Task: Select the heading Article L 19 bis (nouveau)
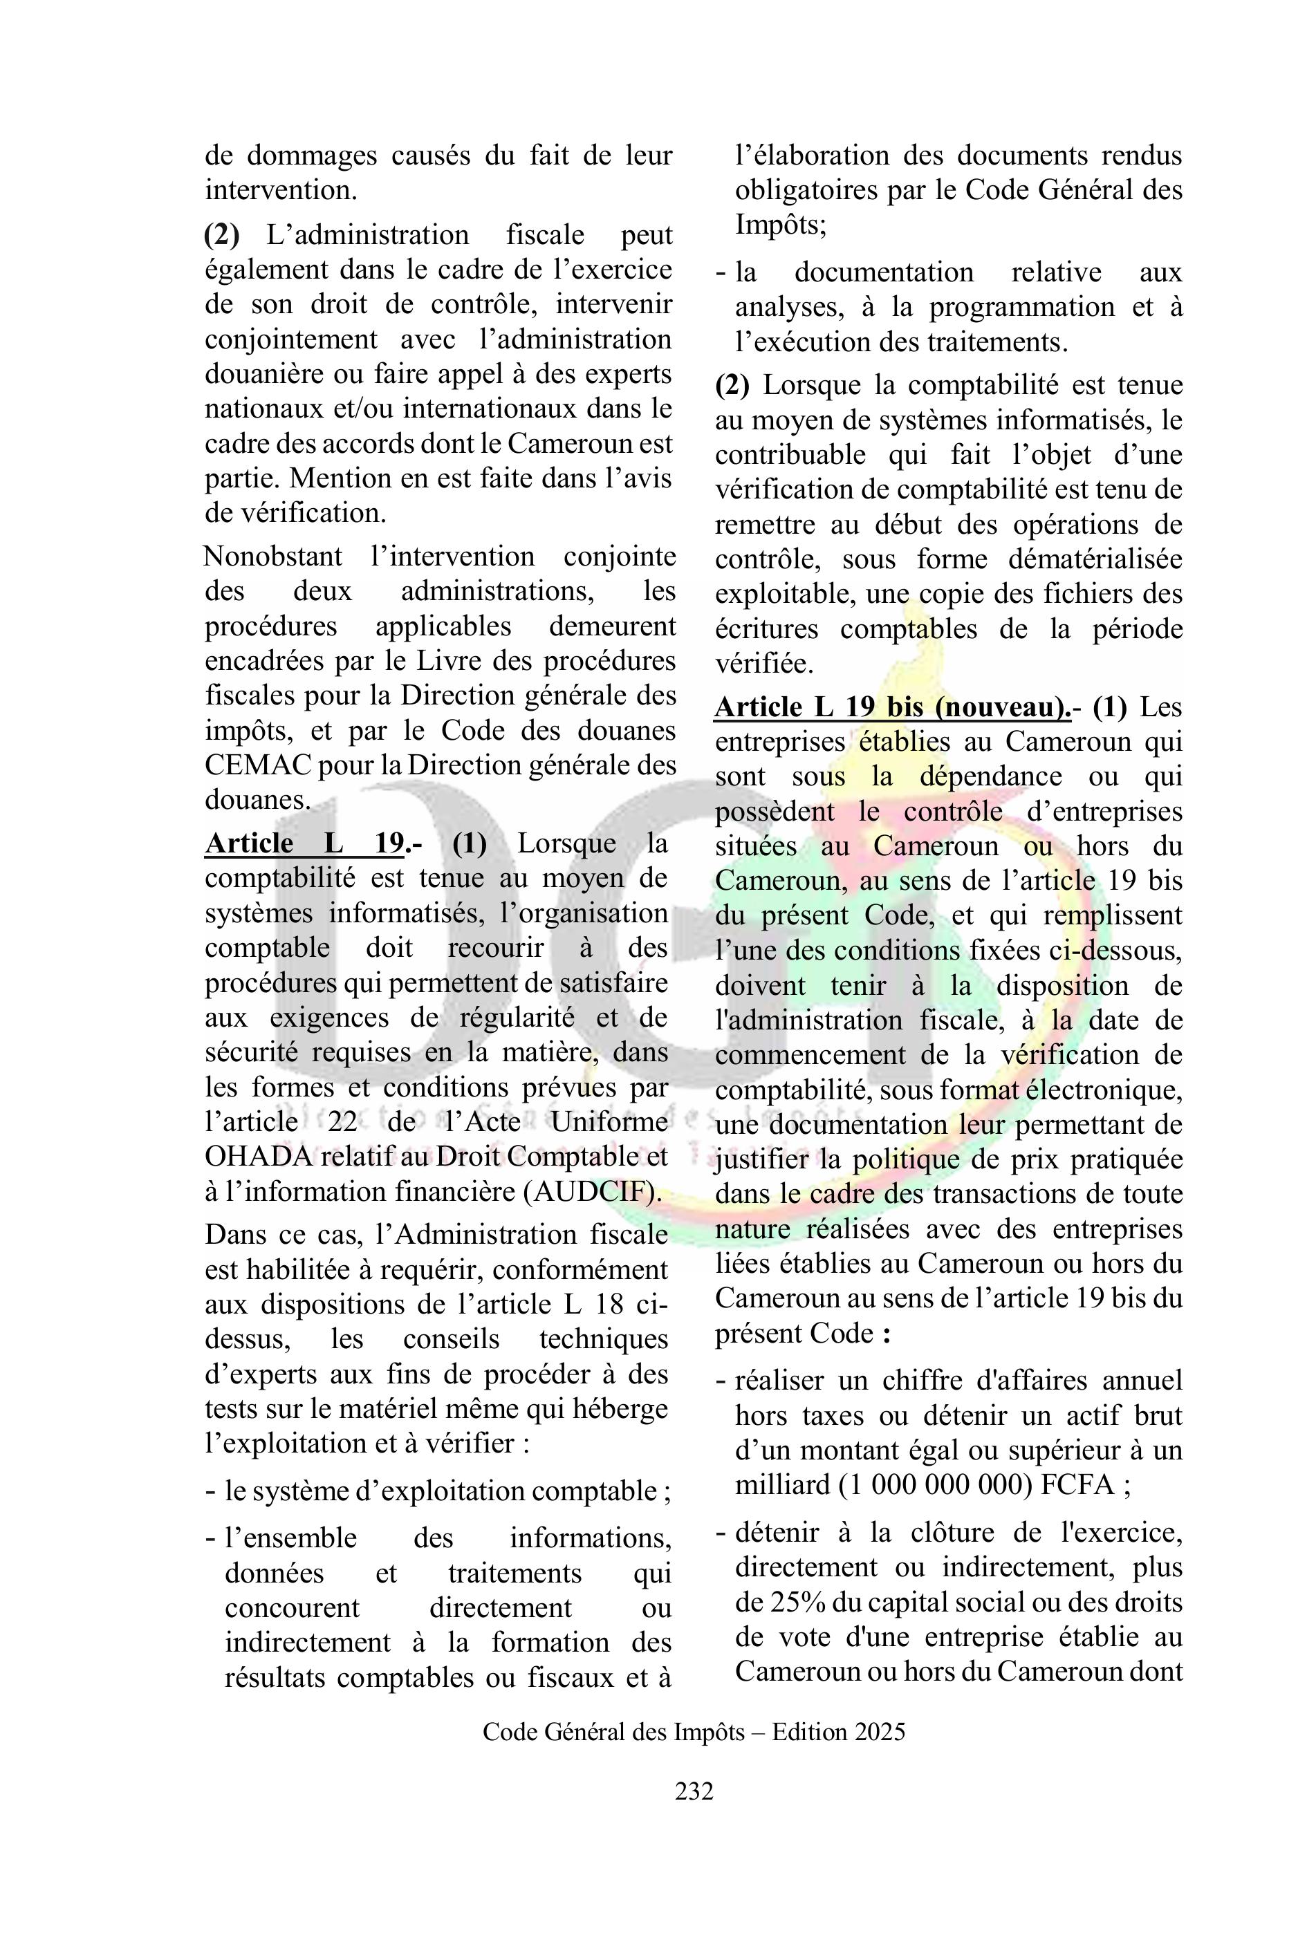point(893,707)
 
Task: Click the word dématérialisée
point(1096,559)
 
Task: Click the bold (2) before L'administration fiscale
point(222,235)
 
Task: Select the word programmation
point(1022,308)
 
